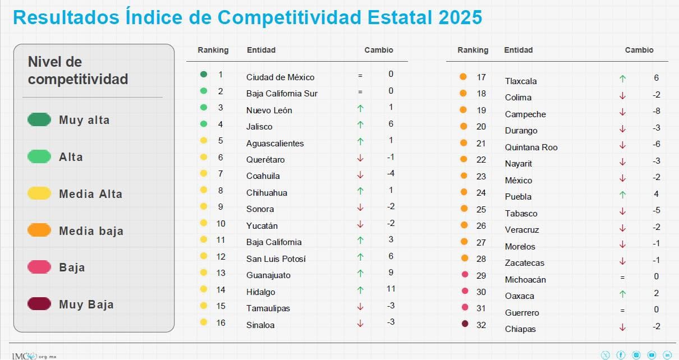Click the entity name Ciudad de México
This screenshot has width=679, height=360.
(280, 77)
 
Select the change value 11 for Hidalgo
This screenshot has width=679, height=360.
(391, 289)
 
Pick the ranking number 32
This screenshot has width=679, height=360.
(481, 325)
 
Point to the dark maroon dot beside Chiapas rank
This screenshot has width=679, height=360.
(464, 324)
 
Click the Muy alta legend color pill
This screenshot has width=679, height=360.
(39, 119)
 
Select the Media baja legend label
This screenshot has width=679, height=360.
(91, 231)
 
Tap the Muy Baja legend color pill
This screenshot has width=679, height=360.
(39, 304)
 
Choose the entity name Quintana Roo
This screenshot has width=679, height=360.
(531, 147)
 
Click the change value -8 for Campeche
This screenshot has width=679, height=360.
(656, 111)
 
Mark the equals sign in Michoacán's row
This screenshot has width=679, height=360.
(622, 277)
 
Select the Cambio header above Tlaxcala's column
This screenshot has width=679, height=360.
(639, 50)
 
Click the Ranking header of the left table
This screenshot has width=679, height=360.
(213, 50)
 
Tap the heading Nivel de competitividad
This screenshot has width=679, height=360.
(77, 70)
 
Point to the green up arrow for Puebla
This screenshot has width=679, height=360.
(622, 195)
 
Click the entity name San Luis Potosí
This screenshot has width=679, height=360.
(276, 259)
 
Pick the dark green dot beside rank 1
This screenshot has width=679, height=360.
(204, 74)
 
